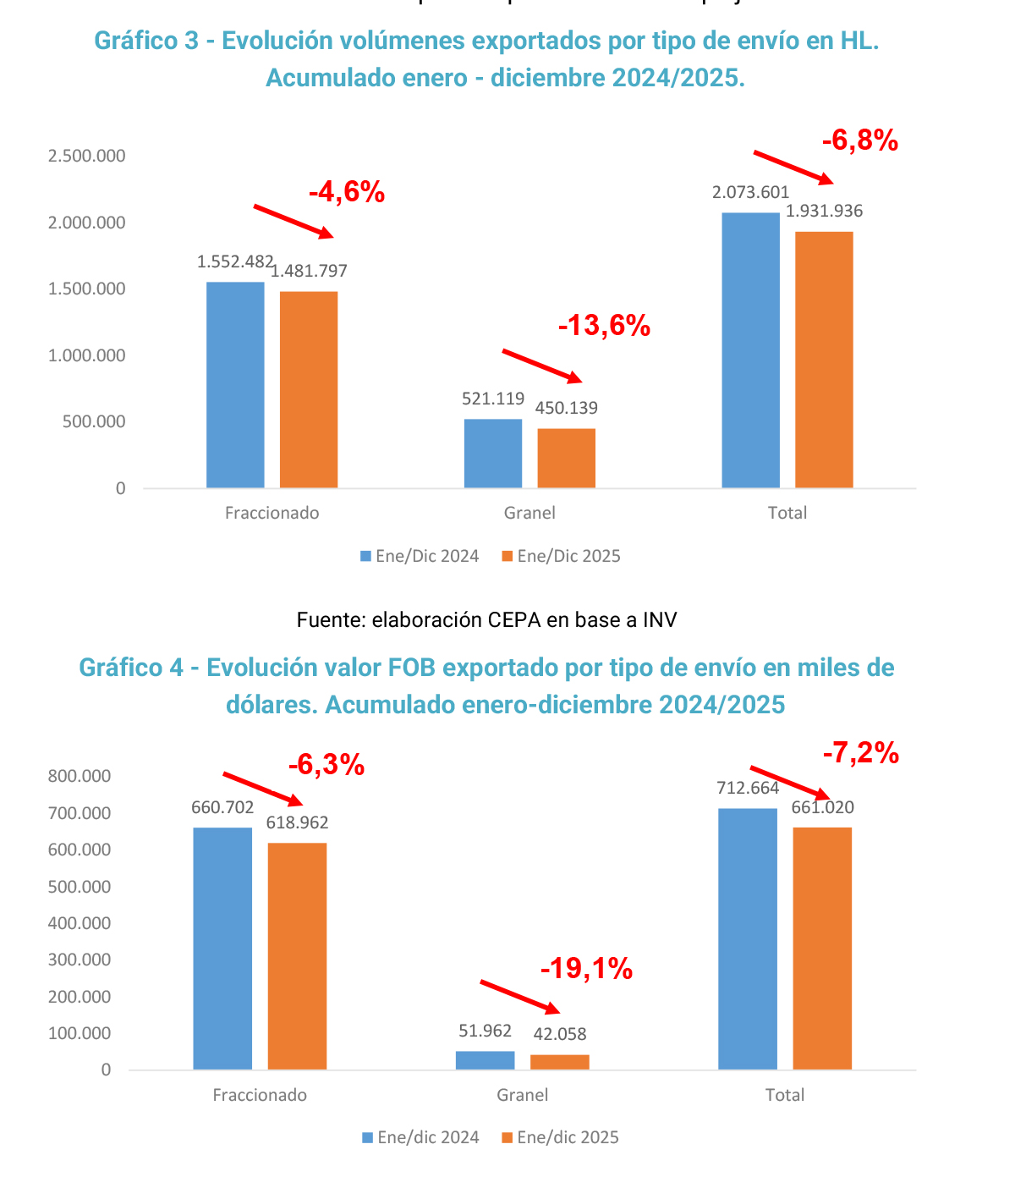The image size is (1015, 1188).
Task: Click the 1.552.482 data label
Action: (x=235, y=261)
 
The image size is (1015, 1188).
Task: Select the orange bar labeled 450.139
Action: (x=566, y=458)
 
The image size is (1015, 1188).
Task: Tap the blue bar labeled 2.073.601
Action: (x=750, y=349)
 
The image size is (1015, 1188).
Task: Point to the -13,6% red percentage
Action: (x=604, y=325)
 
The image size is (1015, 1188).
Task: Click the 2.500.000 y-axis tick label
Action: (x=87, y=156)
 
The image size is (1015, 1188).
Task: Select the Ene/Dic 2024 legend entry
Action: (x=420, y=556)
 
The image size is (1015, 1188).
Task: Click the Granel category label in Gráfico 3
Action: (x=529, y=513)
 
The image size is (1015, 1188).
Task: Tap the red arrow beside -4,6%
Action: (x=294, y=221)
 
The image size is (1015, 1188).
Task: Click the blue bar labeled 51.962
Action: (x=485, y=1060)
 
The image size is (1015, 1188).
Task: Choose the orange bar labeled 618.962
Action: (x=297, y=956)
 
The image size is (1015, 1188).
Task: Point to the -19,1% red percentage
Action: (x=586, y=968)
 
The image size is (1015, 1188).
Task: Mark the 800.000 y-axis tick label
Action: (x=80, y=776)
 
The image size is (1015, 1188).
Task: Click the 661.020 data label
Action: (x=822, y=807)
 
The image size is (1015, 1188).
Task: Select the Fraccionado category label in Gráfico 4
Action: (x=260, y=1095)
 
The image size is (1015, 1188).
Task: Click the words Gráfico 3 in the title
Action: (x=146, y=41)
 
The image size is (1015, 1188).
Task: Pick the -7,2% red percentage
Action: (x=860, y=752)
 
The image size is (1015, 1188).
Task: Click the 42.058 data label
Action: (x=559, y=1033)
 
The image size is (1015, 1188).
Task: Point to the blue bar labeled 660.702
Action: (x=222, y=948)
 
